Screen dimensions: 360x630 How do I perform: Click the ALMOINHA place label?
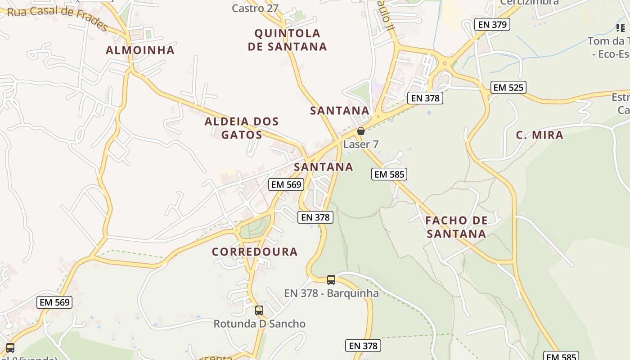click(x=140, y=50)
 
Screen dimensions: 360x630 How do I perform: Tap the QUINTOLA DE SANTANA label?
click(x=287, y=40)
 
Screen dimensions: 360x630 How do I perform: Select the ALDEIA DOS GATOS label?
click(x=242, y=128)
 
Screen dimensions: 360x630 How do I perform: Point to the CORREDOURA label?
click(x=255, y=252)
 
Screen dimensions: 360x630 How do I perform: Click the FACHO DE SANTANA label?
click(x=456, y=227)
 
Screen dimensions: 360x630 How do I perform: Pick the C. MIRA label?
click(x=539, y=135)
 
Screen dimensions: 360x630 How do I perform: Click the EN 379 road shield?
click(x=492, y=24)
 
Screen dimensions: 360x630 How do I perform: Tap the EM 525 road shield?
click(x=508, y=87)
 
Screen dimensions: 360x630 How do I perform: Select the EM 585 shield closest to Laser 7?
click(x=389, y=174)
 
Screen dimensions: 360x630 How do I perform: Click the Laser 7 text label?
click(x=361, y=144)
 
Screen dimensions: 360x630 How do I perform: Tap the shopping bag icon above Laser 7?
click(x=361, y=131)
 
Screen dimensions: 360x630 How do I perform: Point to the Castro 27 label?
click(x=255, y=8)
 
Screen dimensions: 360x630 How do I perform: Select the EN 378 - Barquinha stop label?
click(x=331, y=293)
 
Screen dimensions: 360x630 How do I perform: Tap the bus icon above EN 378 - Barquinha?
click(x=331, y=280)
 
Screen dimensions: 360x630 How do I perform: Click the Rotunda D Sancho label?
click(x=259, y=324)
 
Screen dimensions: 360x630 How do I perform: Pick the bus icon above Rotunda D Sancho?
click(x=259, y=310)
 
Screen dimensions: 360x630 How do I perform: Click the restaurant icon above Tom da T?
click(x=621, y=28)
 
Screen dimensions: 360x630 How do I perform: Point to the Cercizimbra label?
click(x=530, y=2)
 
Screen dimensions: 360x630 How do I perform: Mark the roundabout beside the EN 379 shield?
click(x=445, y=63)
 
